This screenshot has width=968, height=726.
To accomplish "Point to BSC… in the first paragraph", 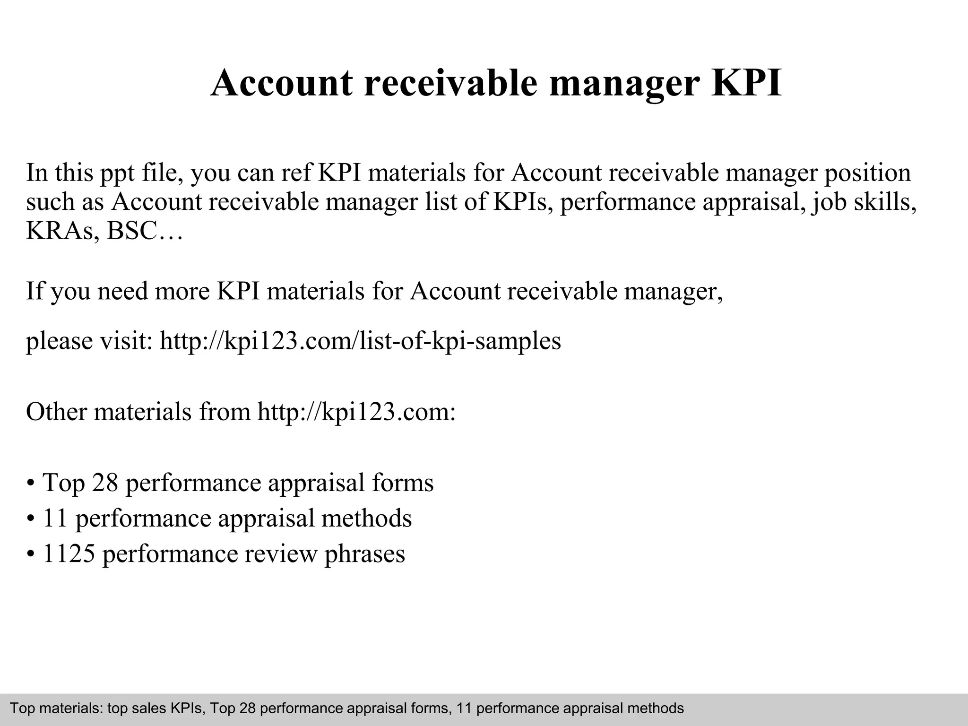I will (x=145, y=231).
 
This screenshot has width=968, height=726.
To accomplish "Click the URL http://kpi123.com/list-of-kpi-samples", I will (x=360, y=340).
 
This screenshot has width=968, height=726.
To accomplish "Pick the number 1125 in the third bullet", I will (x=69, y=553).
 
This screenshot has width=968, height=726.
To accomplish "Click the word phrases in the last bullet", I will (x=364, y=553).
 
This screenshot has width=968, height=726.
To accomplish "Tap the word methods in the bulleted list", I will (x=366, y=518).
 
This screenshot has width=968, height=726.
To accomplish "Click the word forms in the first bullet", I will (x=403, y=483).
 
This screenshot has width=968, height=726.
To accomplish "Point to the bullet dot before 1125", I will (x=31, y=554).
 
